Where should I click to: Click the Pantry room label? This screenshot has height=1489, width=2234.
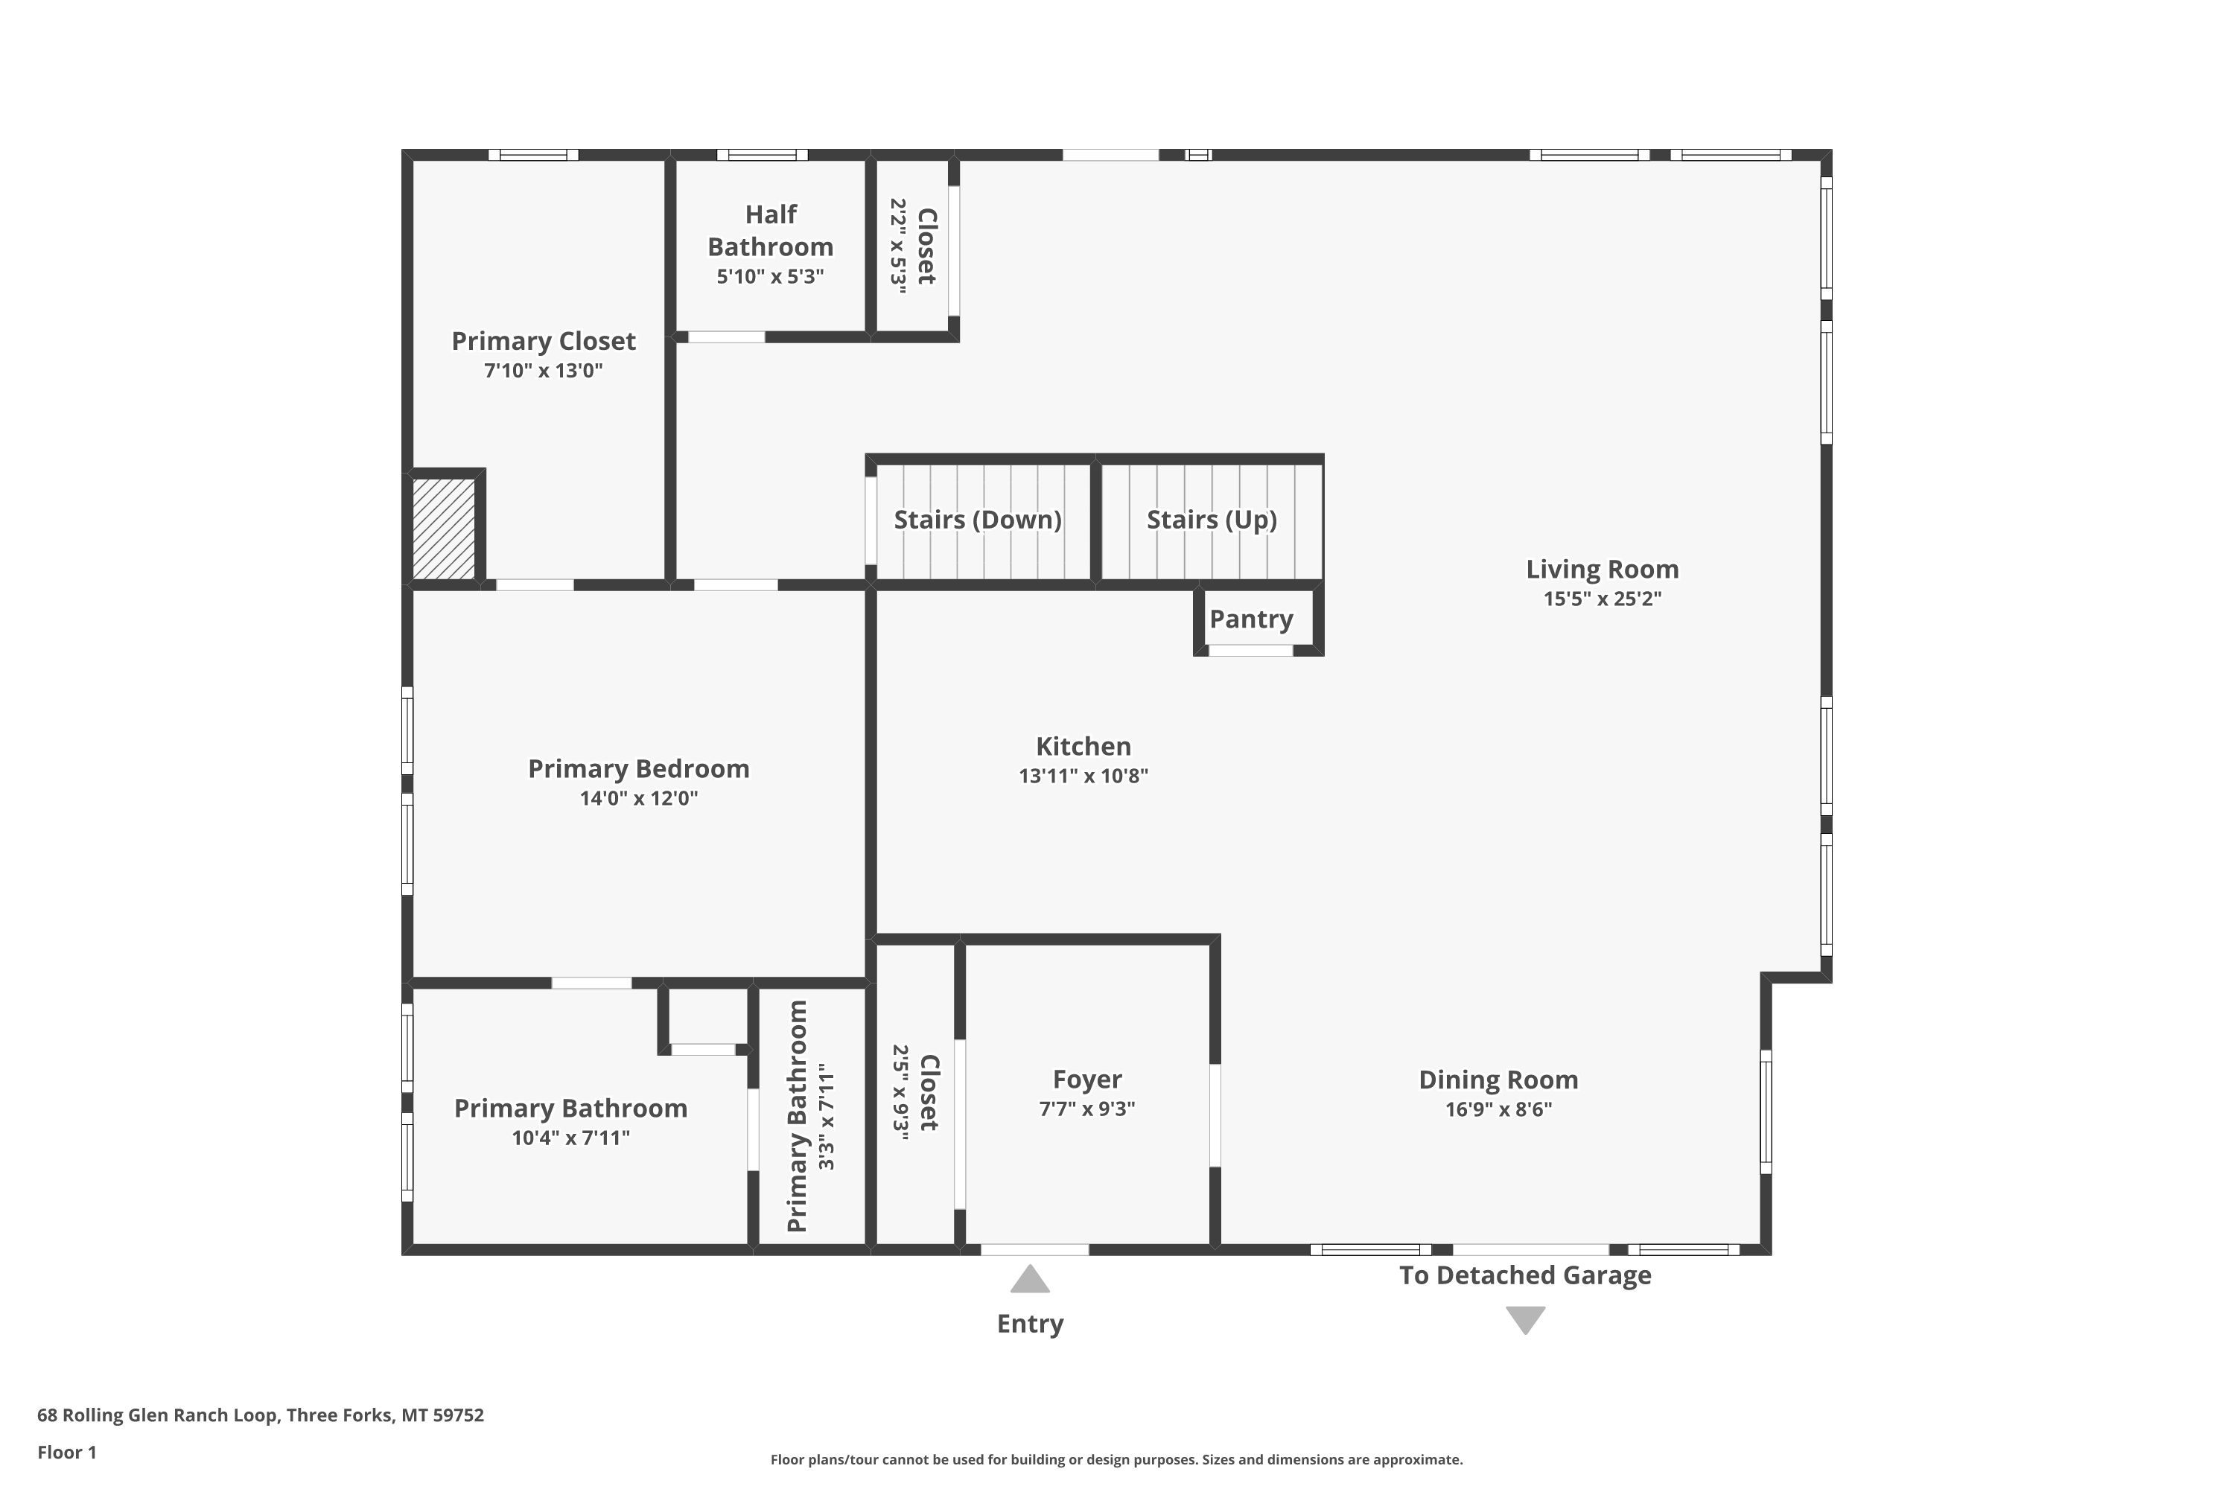[x=1250, y=619]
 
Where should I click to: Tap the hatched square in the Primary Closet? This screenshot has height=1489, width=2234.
[x=444, y=528]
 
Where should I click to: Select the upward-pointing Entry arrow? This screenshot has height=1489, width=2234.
[x=1030, y=1278]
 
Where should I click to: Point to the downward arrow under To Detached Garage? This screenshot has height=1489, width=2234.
[x=1525, y=1320]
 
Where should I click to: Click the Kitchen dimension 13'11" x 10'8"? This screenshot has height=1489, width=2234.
[x=1083, y=776]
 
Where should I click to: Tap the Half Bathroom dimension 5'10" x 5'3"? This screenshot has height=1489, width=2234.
[x=769, y=276]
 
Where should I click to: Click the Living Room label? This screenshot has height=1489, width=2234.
[x=1603, y=569]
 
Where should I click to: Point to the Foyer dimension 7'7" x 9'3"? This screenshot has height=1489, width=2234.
[x=1086, y=1109]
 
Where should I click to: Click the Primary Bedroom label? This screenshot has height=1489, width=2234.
[x=638, y=768]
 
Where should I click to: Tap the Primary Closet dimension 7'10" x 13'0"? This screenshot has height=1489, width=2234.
[x=544, y=370]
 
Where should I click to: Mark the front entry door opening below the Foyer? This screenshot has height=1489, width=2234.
[x=1034, y=1250]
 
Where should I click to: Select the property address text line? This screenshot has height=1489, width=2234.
[x=260, y=1415]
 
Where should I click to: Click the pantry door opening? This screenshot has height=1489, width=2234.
[x=1250, y=651]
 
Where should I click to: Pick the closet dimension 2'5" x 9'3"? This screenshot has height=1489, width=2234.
[x=900, y=1092]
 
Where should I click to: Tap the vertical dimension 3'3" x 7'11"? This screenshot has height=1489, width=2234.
[x=827, y=1116]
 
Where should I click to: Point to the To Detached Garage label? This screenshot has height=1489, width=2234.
[x=1524, y=1275]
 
